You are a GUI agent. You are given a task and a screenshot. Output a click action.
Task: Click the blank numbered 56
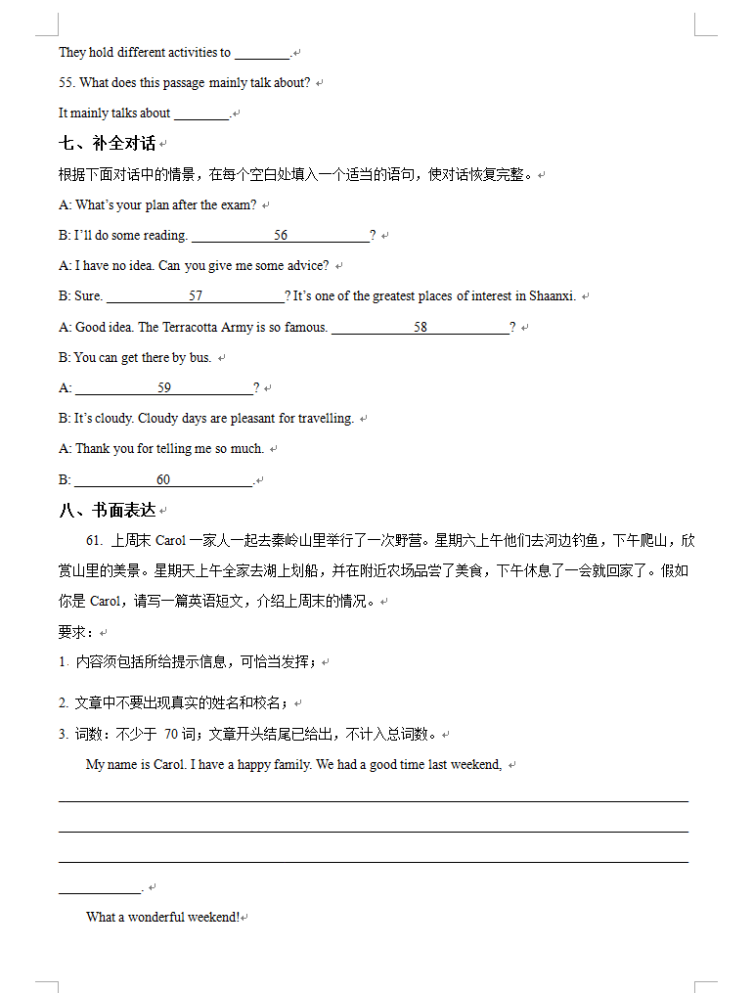click(281, 235)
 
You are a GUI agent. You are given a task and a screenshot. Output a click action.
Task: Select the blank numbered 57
click(196, 295)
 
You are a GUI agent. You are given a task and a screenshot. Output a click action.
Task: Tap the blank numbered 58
click(421, 327)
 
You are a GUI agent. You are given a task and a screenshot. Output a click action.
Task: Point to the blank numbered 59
click(164, 387)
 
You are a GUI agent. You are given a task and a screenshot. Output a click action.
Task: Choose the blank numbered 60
click(163, 479)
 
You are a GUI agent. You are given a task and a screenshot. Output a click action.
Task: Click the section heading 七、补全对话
click(108, 143)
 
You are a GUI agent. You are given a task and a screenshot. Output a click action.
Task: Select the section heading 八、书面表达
click(108, 510)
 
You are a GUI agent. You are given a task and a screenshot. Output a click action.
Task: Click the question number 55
click(66, 82)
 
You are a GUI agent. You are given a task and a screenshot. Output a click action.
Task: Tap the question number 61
click(94, 540)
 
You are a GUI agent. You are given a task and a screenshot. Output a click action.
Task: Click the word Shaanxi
click(553, 295)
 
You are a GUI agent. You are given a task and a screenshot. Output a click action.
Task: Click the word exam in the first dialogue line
click(240, 204)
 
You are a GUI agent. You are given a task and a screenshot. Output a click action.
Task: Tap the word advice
click(308, 265)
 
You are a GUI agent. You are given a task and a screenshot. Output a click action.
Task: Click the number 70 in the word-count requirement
click(171, 734)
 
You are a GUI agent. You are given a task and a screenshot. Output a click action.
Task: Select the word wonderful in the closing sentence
click(156, 917)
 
